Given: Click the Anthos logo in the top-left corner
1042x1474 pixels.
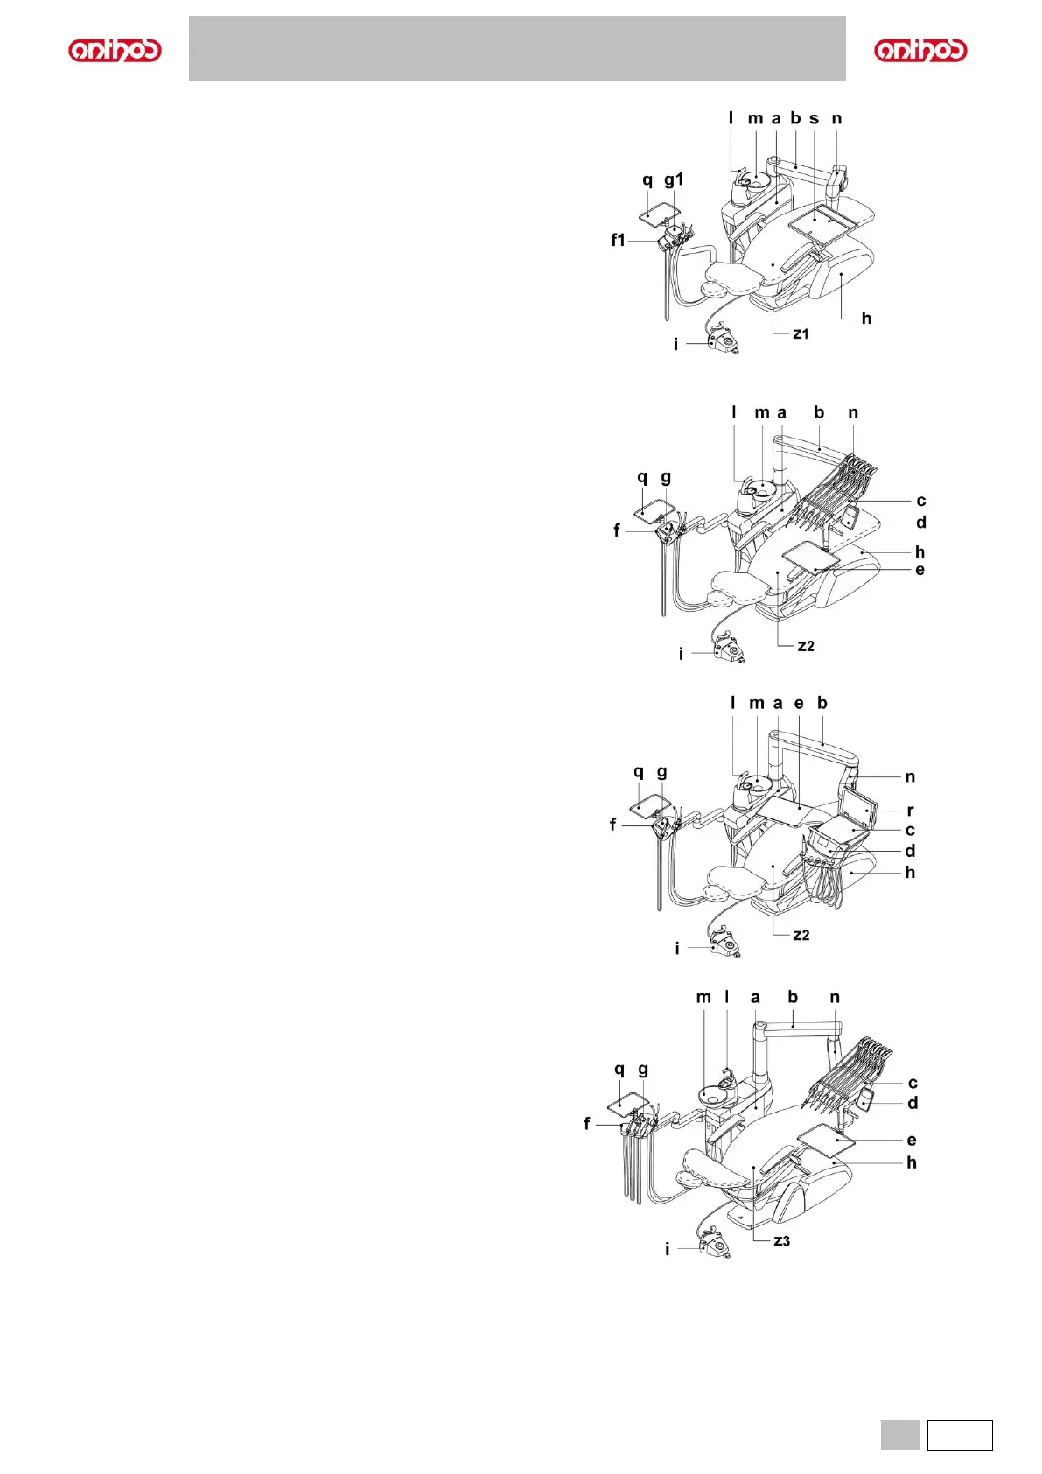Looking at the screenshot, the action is [115, 50].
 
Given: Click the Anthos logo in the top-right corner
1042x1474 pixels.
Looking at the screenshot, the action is [920, 50].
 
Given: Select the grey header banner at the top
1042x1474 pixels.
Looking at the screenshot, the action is [517, 48].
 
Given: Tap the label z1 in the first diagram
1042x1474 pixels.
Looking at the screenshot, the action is [801, 333].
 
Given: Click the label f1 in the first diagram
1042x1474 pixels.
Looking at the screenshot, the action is [619, 240].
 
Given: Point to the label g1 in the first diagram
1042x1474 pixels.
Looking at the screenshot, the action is [674, 179].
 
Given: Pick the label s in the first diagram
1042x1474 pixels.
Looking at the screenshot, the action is [814, 118].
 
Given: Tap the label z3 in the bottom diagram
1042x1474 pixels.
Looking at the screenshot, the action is [781, 1240].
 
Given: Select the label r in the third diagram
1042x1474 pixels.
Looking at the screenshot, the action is [910, 811].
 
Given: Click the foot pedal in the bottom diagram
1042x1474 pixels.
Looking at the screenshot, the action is [715, 1243].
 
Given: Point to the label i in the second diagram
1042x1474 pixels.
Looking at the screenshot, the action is [681, 654].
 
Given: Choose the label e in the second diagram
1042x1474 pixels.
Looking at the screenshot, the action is [920, 570].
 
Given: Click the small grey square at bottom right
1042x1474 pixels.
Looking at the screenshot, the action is [899, 1435].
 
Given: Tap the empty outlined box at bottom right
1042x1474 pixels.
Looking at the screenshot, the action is [960, 1435].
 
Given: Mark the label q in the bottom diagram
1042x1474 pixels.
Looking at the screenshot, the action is [619, 1070].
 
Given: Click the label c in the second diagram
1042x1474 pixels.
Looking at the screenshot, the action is [920, 501].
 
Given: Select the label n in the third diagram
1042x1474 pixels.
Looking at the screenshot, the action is [910, 776].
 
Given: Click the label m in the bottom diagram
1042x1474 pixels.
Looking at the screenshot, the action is [704, 997].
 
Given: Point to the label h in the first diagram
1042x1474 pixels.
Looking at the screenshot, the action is [866, 318].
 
